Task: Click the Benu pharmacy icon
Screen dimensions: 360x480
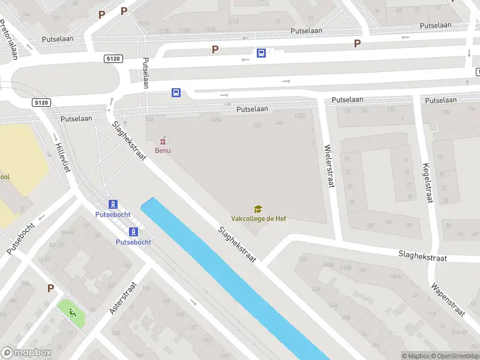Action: (162, 141)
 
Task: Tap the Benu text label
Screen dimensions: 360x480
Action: (162, 150)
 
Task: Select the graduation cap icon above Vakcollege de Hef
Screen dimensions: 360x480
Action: (258, 209)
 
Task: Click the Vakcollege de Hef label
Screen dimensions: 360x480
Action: (259, 218)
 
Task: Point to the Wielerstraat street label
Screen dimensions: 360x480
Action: (328, 166)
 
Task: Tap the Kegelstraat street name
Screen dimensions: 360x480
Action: (428, 182)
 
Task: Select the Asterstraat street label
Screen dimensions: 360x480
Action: (120, 298)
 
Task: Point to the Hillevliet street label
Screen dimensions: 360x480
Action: (62, 157)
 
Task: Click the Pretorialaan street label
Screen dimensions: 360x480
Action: (8, 39)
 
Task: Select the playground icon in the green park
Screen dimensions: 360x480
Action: (72, 311)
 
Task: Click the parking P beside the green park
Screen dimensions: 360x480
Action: (51, 288)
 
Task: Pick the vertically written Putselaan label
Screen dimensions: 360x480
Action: (145, 73)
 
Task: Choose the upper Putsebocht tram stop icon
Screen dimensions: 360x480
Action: (113, 204)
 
